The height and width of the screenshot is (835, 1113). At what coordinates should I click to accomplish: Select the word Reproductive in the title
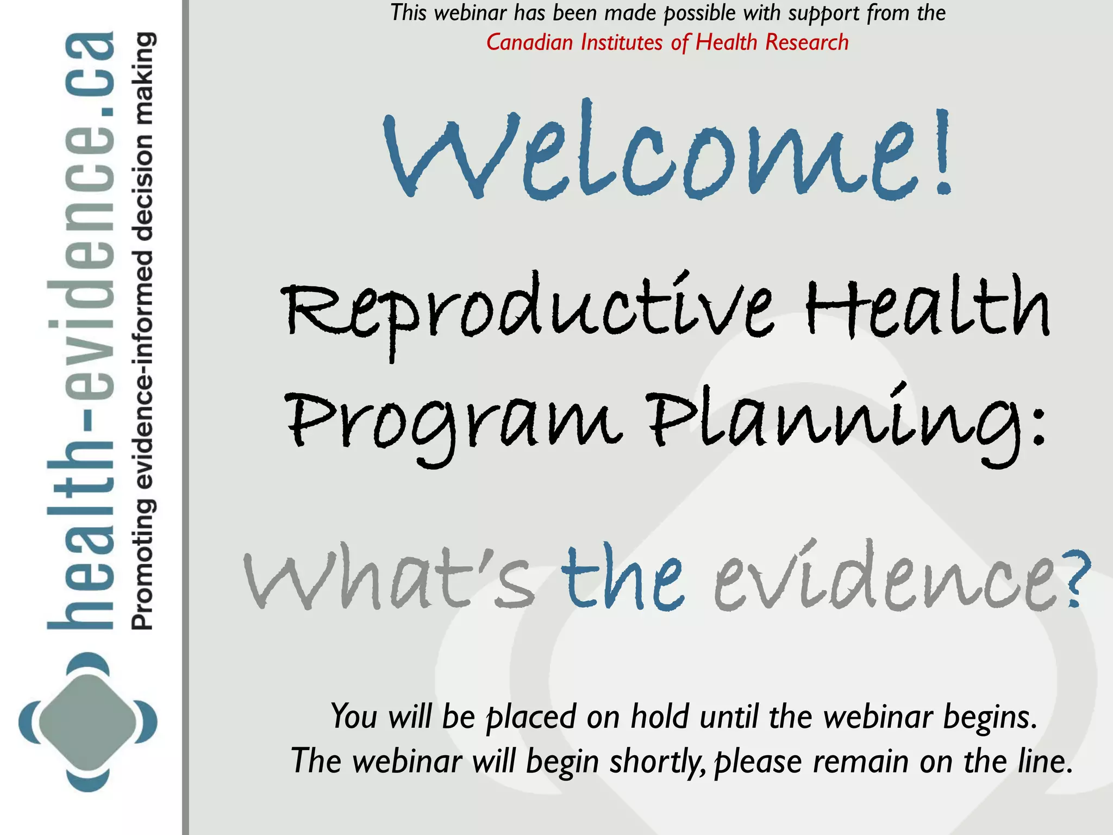pos(527,310)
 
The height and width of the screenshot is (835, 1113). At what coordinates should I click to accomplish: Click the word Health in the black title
pos(927,307)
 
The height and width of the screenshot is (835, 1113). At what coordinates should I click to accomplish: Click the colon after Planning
pos(1037,427)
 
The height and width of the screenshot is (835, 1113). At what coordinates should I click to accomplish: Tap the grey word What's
pos(389,579)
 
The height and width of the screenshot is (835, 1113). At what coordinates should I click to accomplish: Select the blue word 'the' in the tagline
pos(622,579)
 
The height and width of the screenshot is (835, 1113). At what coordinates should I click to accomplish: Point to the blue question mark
pos(1076,576)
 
